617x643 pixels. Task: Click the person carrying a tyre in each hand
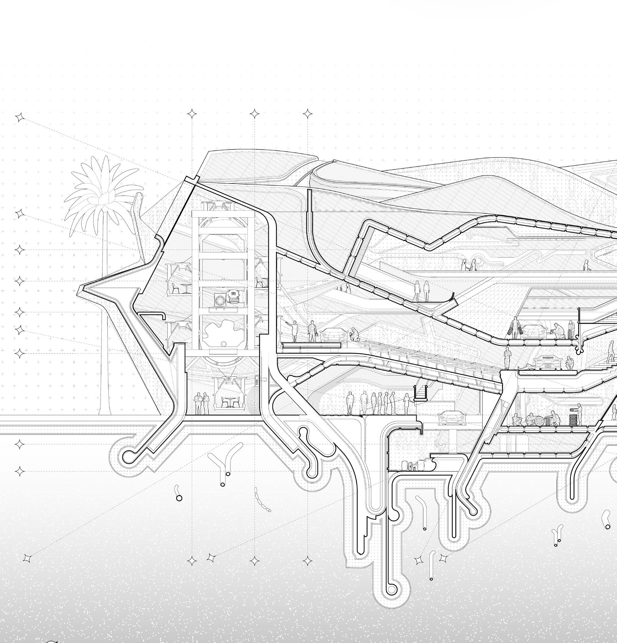tap(515, 328)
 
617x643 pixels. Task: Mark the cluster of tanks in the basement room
tap(417, 464)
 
